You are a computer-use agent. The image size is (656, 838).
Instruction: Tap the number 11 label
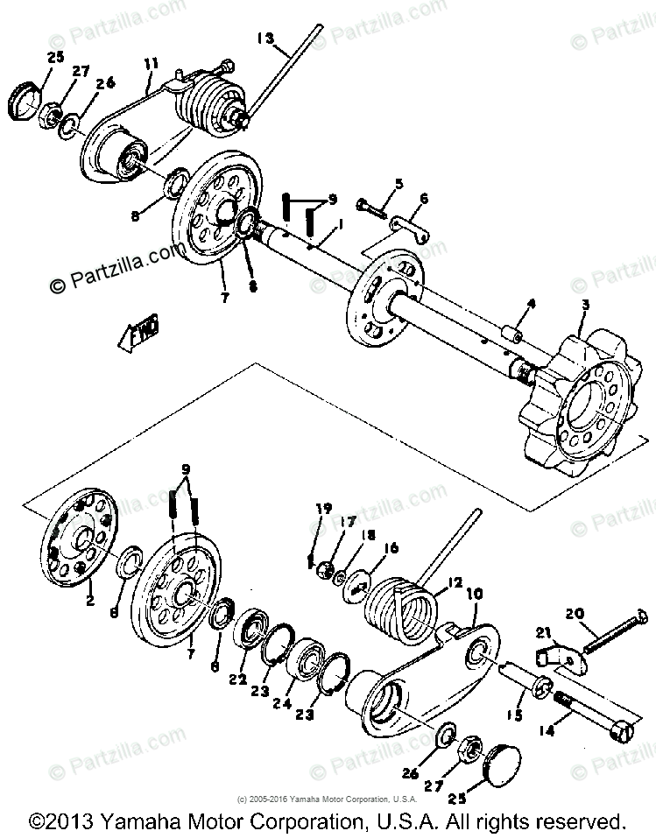pos(151,63)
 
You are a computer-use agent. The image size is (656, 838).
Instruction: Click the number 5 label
pos(399,184)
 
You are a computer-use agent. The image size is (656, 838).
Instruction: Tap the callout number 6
pos(424,200)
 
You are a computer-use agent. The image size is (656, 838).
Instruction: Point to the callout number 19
pos(323,508)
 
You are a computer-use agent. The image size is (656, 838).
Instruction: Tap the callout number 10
pos(475,594)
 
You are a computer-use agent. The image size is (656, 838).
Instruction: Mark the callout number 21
pos(542,633)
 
